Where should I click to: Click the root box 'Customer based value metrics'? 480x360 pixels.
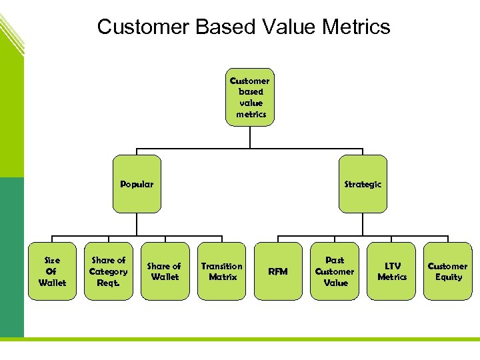tap(250, 97)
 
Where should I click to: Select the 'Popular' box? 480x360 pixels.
tap(137, 184)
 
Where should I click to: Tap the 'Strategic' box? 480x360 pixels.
tap(363, 184)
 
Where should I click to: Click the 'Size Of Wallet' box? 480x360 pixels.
tap(52, 271)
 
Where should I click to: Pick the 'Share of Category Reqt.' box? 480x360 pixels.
tap(108, 271)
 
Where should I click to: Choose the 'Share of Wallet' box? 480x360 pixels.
tap(164, 271)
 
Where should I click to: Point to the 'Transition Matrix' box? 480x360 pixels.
tap(222, 271)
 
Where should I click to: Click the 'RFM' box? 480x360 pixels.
tap(278, 271)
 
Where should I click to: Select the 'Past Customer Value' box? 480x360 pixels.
tap(335, 271)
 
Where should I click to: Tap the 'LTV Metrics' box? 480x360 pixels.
tap(392, 271)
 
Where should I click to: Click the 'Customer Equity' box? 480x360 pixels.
tap(448, 271)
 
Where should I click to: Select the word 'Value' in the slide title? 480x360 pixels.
tap(286, 27)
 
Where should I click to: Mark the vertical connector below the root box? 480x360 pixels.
tap(250, 136)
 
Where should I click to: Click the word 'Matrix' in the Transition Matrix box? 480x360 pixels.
tap(223, 277)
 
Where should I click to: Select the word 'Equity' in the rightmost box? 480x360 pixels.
tap(449, 277)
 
